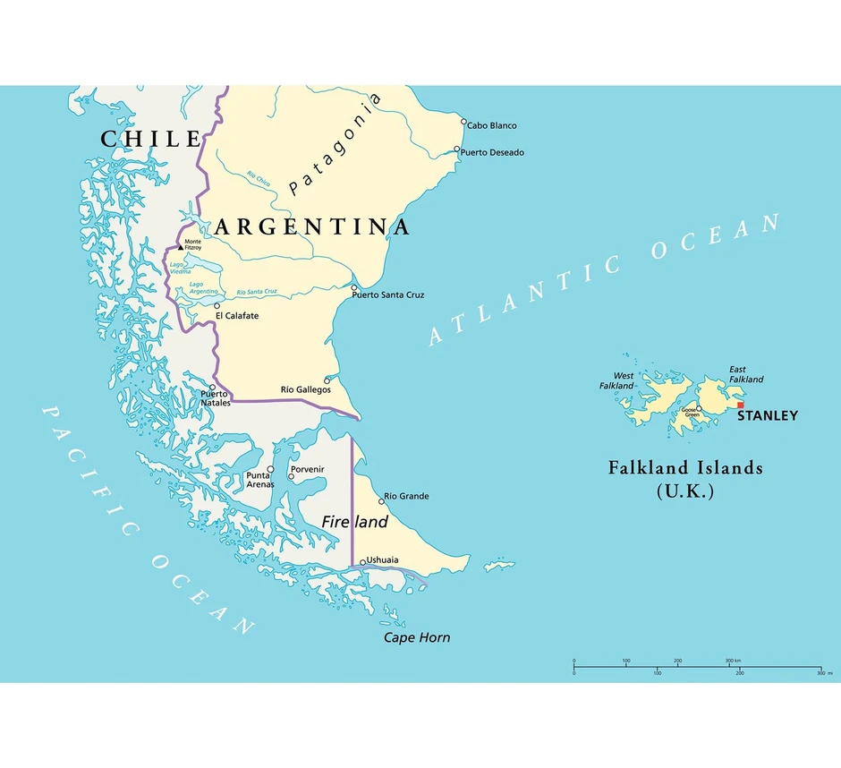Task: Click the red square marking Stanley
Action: [740, 405]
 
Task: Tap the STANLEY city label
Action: [768, 416]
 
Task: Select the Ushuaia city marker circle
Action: [362, 563]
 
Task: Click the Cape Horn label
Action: [417, 637]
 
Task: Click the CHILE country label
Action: [150, 139]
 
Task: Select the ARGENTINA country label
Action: [312, 226]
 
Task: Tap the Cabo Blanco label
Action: [491, 126]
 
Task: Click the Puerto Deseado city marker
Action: [457, 149]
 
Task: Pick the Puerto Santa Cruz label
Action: [387, 294]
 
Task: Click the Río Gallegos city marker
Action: [327, 380]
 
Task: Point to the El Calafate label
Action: [237, 316]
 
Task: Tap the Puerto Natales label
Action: [215, 398]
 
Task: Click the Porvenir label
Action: [307, 470]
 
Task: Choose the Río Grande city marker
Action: [381, 501]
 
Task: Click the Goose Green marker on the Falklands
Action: [700, 411]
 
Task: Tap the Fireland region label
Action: [355, 522]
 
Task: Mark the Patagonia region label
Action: [336, 145]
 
